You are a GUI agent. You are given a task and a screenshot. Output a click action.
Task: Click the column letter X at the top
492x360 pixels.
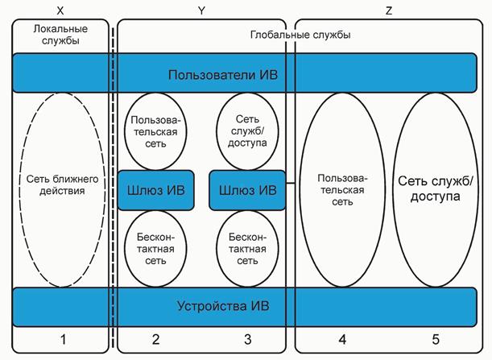coord(60,10)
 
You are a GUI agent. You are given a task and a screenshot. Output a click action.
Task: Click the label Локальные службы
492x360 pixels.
coord(57,35)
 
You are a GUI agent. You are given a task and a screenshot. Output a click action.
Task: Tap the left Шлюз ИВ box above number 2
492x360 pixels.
coord(156,191)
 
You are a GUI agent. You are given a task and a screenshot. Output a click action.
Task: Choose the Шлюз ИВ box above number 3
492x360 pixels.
coord(247,191)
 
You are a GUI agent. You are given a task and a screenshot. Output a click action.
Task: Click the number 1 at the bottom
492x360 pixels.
coord(60,340)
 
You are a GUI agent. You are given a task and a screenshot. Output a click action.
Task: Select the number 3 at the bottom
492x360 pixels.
coord(247,340)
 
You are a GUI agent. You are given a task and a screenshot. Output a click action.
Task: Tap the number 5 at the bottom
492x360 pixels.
coord(435,340)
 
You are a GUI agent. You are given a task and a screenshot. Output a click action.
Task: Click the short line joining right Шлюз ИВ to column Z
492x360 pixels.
coord(291,190)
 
